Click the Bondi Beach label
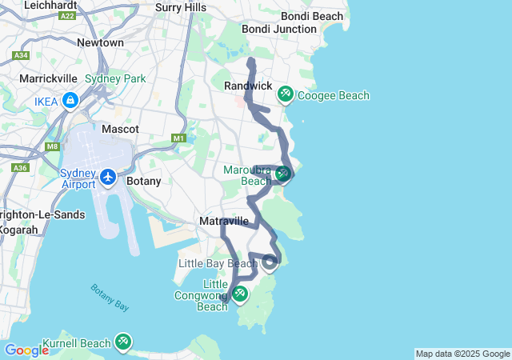click(x=312, y=16)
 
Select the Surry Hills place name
click(x=181, y=8)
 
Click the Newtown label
click(x=100, y=42)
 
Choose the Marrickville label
click(x=48, y=79)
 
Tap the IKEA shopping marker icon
click(x=70, y=101)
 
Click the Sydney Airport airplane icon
click(x=109, y=175)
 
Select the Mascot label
click(x=121, y=129)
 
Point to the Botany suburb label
click(x=144, y=181)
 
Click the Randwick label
click(x=249, y=86)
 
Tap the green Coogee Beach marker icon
click(x=285, y=95)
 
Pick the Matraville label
click(x=223, y=221)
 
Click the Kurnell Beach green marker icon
click(x=122, y=342)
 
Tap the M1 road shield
click(x=179, y=138)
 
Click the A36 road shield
click(x=19, y=168)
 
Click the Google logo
click(x=26, y=350)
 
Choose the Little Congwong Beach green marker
click(x=239, y=294)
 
